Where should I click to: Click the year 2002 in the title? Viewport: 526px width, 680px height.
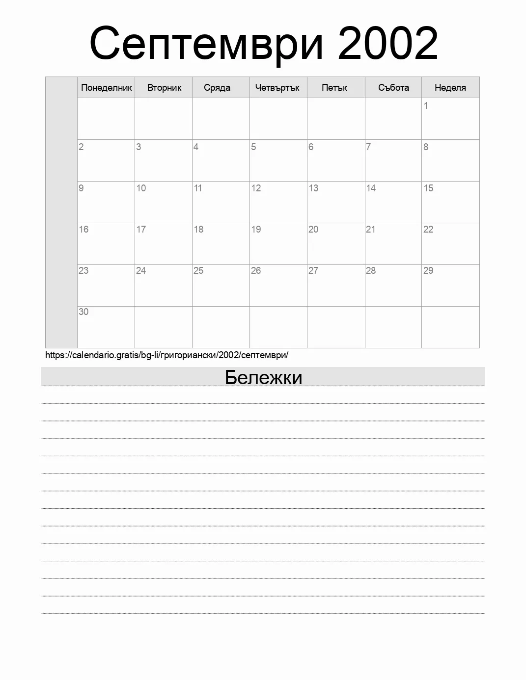pos(388,43)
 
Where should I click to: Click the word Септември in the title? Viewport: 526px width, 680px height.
pos(207,43)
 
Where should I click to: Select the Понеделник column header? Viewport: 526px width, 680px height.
pos(106,88)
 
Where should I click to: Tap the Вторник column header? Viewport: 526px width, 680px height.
pos(164,88)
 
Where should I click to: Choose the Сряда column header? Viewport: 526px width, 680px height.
pos(217,88)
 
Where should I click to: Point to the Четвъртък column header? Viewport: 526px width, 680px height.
pos(277,88)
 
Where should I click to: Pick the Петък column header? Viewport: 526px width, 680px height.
pos(334,88)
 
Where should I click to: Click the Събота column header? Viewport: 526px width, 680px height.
pos(393,88)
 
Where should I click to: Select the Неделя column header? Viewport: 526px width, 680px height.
pos(450,88)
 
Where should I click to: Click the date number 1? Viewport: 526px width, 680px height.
pos(426,105)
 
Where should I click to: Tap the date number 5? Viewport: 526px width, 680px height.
pos(253,147)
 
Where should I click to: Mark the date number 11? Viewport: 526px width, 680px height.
pos(198,188)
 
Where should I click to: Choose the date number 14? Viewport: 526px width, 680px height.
pos(371,188)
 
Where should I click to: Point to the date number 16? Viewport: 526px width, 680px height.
pos(83,229)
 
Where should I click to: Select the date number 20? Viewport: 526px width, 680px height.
pos(313,229)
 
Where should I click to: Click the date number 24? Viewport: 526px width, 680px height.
pos(141,270)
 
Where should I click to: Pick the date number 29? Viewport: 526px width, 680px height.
pos(428,270)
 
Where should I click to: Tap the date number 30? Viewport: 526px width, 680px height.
pos(83,312)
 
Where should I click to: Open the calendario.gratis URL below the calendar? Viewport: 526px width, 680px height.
pos(166,355)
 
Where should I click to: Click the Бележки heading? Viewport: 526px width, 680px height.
pos(263,377)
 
